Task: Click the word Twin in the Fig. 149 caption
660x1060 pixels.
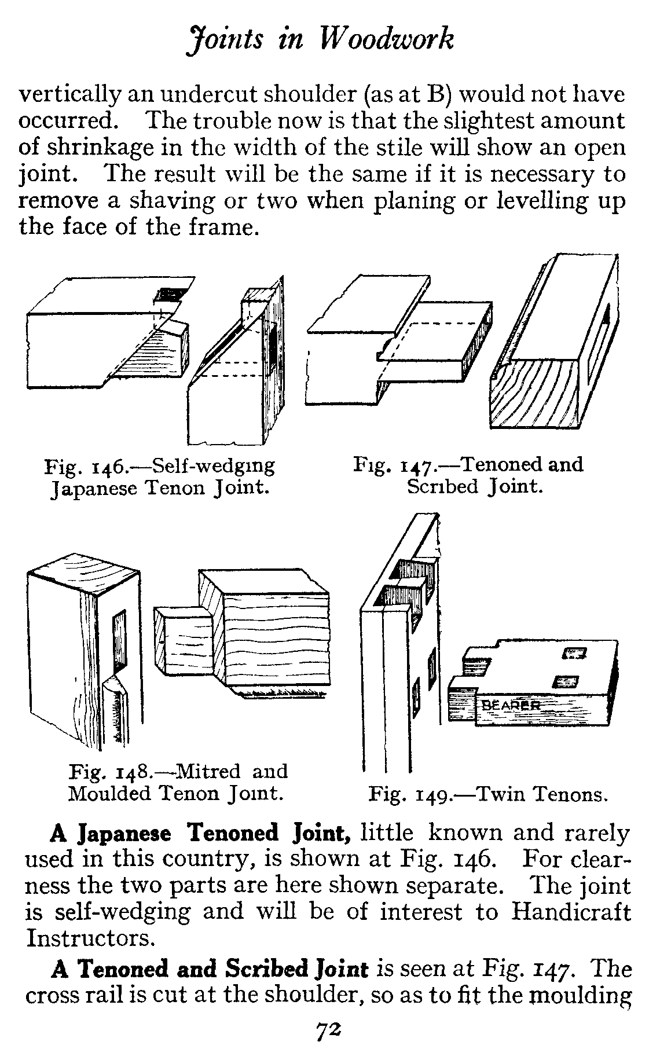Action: pyautogui.click(x=501, y=794)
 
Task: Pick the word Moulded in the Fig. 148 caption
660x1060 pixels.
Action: pyautogui.click(x=109, y=793)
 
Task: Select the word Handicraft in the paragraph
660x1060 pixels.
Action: pyautogui.click(x=571, y=912)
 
